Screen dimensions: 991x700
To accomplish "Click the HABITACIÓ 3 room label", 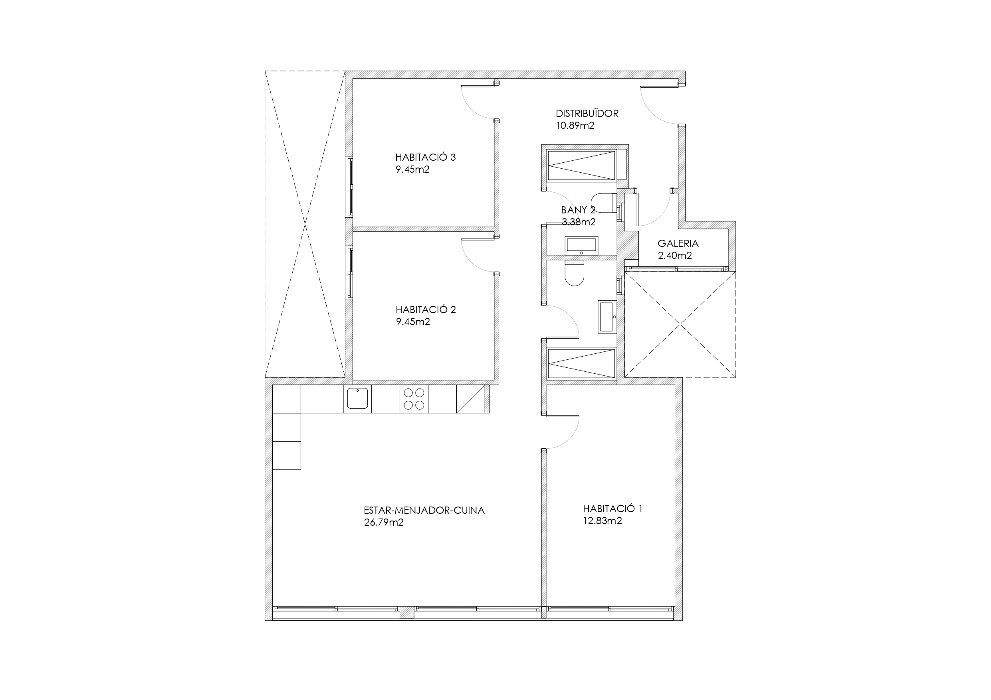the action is (425, 157).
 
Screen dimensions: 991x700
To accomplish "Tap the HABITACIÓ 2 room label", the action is (426, 310).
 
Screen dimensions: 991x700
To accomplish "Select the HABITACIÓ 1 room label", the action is (612, 509).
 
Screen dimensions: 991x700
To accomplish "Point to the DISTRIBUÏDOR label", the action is (587, 113).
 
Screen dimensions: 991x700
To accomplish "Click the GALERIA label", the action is (678, 243).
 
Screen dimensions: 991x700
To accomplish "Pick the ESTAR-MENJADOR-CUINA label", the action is (424, 510).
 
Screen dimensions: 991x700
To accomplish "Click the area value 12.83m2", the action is (602, 521).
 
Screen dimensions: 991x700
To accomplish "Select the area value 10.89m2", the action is (575, 126).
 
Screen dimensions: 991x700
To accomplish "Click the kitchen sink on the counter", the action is (357, 398).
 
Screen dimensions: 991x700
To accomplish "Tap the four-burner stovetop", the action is (414, 399).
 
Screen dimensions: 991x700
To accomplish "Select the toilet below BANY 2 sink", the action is (574, 272).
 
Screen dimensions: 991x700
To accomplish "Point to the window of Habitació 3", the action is (350, 186).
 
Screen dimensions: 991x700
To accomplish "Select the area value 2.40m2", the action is (675, 255).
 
